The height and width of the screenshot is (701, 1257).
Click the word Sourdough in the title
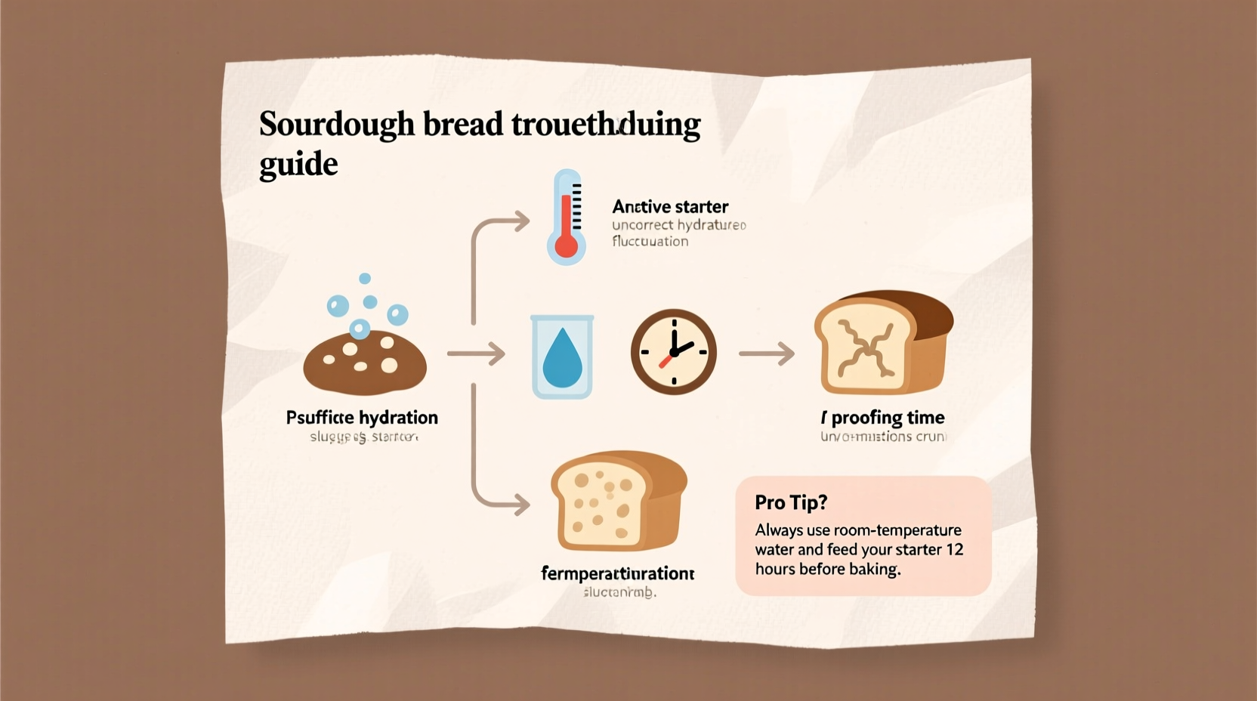(337, 125)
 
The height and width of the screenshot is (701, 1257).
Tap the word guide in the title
(298, 164)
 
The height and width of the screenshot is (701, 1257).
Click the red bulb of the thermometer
(566, 246)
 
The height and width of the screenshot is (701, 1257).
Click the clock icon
(673, 351)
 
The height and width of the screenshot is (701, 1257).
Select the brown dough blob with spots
(365, 363)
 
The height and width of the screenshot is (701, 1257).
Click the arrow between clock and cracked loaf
(766, 353)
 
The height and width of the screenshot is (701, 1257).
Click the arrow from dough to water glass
(476, 354)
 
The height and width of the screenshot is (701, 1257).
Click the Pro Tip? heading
(791, 502)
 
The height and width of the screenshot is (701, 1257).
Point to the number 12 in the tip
(955, 549)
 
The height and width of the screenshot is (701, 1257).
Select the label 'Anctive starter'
(670, 207)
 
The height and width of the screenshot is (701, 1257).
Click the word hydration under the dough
(398, 418)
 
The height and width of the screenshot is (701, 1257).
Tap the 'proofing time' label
(888, 418)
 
